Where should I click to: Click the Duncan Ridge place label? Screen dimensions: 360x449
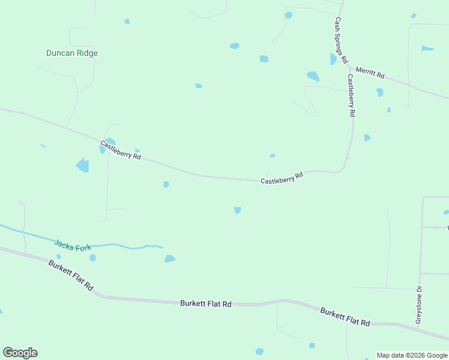(72, 53)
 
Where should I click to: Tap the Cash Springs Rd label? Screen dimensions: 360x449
(340, 40)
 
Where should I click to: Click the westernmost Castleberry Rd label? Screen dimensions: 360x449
(120, 149)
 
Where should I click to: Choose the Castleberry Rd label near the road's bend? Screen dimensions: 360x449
(282, 178)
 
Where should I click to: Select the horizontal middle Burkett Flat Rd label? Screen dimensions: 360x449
(206, 304)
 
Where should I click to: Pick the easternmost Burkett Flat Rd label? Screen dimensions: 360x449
(345, 316)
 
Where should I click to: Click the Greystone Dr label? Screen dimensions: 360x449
(419, 305)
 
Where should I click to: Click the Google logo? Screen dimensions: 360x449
(20, 353)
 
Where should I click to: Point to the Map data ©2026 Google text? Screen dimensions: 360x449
(412, 355)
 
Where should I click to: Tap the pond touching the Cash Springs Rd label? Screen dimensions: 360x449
(333, 59)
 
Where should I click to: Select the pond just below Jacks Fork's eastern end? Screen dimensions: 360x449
(170, 259)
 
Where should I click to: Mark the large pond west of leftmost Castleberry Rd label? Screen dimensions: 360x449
(82, 165)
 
